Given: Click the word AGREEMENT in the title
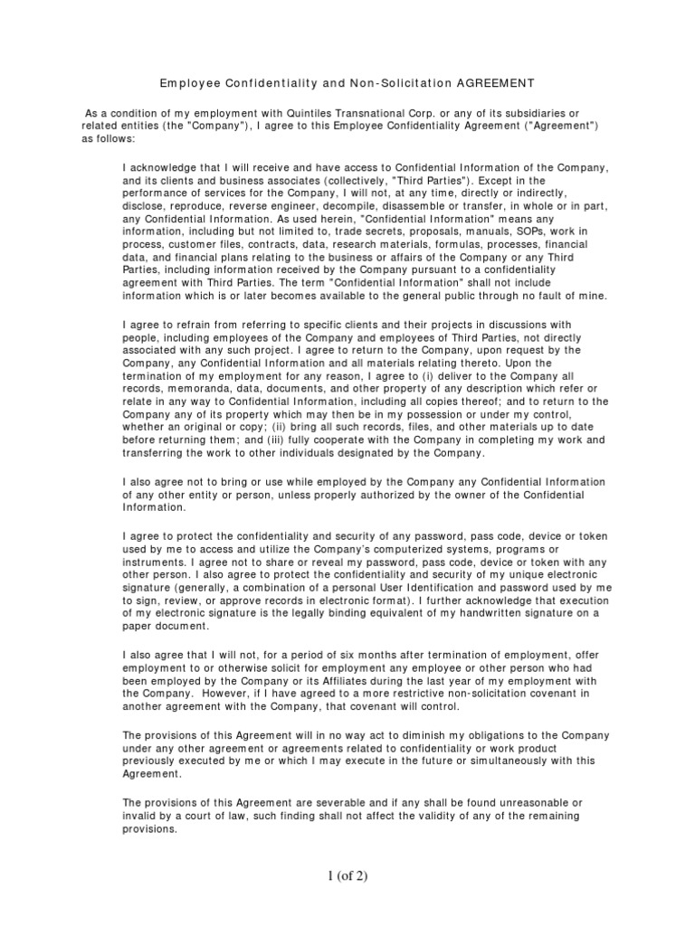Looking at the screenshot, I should [494, 83].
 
